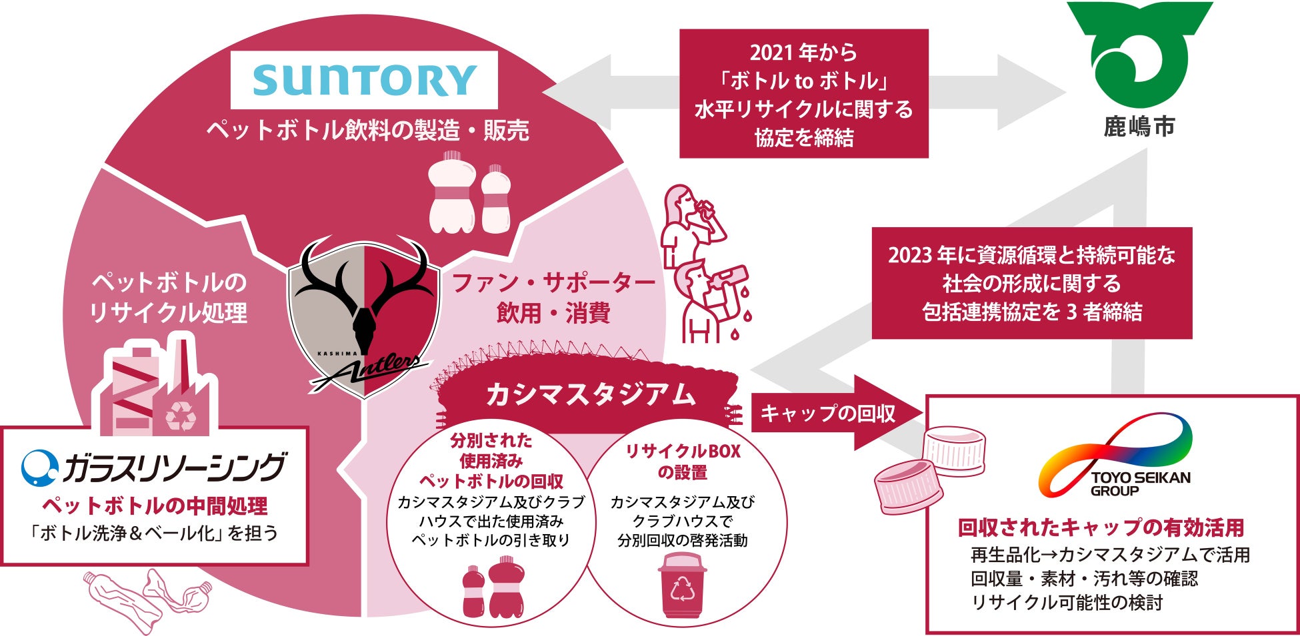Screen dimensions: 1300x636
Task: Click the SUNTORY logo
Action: point(364,80)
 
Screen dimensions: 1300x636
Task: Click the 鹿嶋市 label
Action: point(1139,127)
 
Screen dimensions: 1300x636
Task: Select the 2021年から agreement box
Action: point(803,94)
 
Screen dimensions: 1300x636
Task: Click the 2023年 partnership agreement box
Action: point(1031,283)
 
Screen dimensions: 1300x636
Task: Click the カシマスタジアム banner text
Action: point(590,395)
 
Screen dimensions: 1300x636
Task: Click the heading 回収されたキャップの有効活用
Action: point(1101,528)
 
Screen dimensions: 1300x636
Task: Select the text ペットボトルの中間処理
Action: point(155,506)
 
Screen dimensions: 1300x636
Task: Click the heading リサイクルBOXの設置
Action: point(682,462)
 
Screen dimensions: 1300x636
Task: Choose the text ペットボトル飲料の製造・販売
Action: point(367,131)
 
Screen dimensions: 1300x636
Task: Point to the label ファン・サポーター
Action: point(553,283)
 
